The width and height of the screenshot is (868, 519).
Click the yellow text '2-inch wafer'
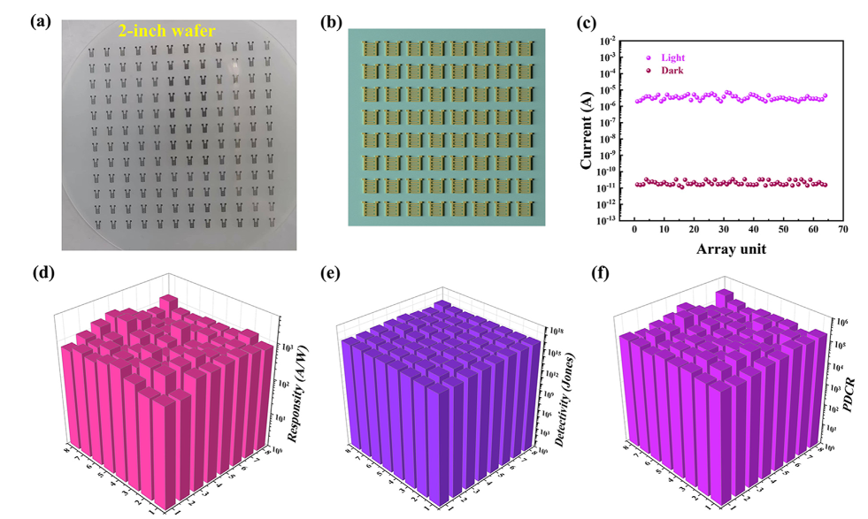coord(168,30)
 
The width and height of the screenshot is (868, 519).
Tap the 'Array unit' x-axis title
coord(731,248)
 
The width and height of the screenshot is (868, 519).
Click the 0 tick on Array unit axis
coord(634,231)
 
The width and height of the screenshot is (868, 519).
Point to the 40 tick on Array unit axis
coord(754,231)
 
